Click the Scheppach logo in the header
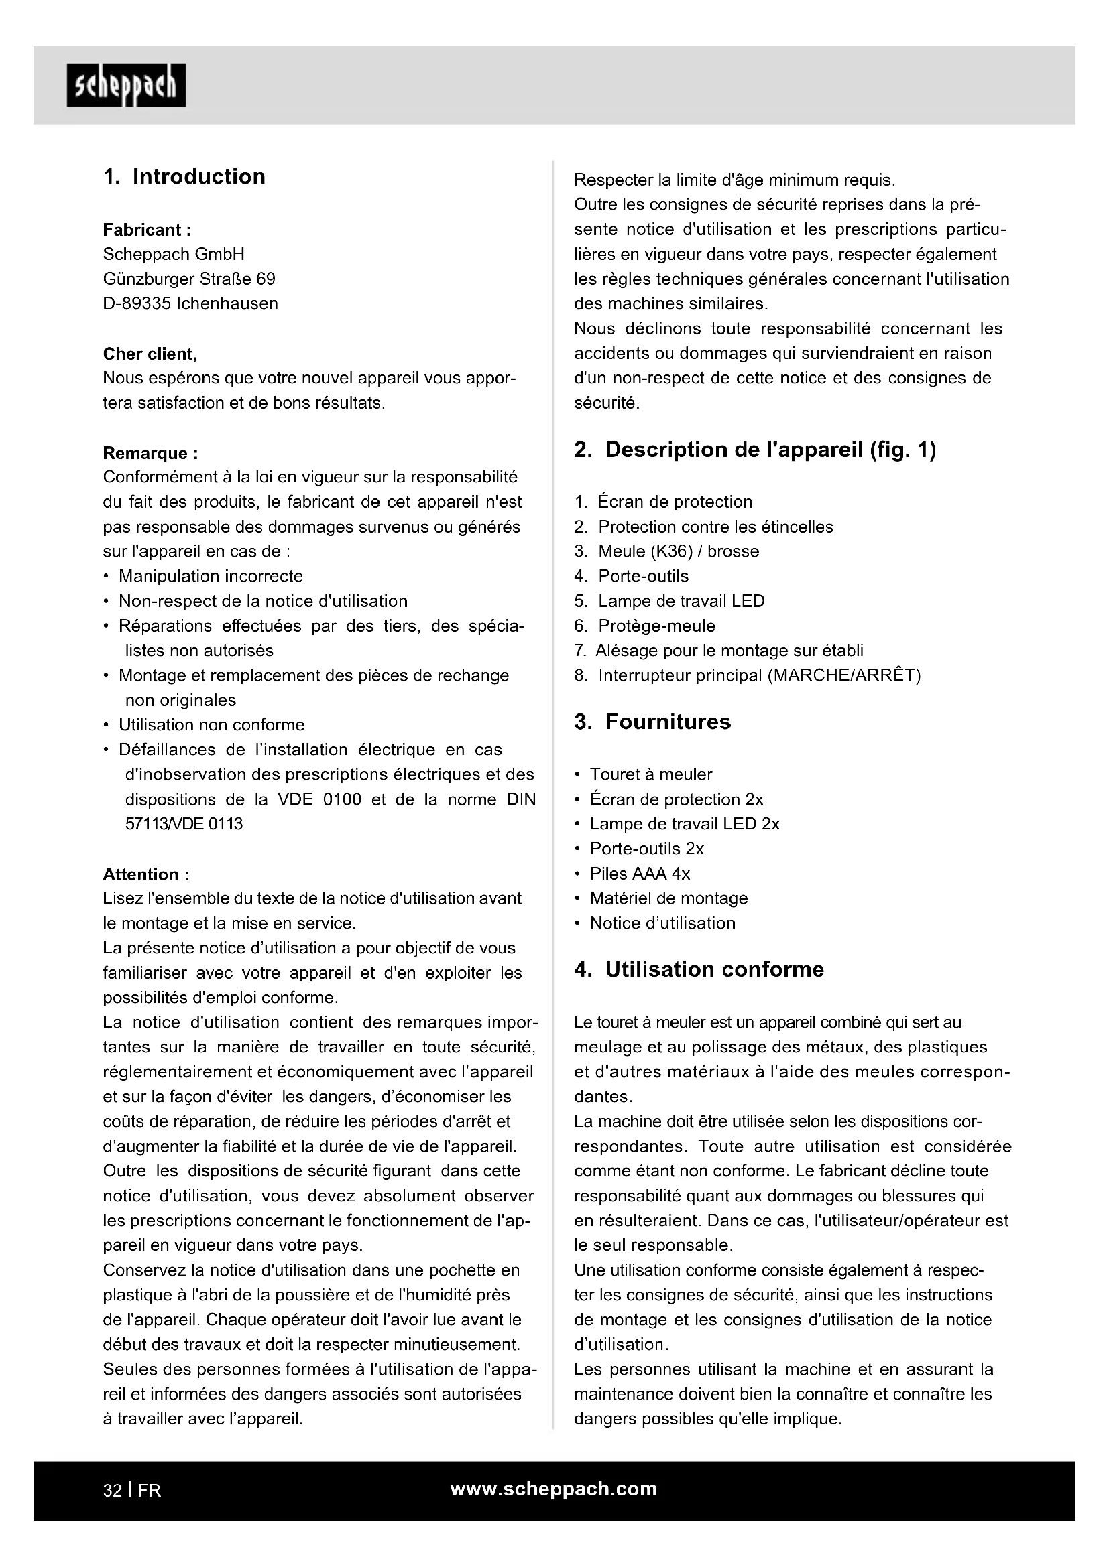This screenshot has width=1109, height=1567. tap(126, 86)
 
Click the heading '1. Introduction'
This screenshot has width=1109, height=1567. tap(184, 177)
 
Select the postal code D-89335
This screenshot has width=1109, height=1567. tap(137, 303)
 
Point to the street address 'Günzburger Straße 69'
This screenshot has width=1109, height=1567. tap(189, 279)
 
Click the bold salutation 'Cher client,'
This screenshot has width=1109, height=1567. tap(150, 354)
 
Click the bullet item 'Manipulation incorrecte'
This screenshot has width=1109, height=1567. tap(211, 576)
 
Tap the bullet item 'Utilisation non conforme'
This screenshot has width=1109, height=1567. tap(212, 725)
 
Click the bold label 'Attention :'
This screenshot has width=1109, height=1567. tap(146, 874)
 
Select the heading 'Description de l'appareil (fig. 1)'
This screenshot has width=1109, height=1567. tap(770, 450)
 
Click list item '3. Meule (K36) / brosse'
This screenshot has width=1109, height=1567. tap(666, 551)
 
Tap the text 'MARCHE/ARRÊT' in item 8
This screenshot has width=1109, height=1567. tap(844, 676)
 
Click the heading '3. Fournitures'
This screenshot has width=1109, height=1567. tap(652, 722)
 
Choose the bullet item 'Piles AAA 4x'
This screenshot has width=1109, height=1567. tap(640, 874)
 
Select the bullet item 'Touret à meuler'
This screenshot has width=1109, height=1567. tap(651, 774)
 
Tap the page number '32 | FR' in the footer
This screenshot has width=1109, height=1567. tap(132, 1491)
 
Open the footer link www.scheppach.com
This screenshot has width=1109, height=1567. tap(554, 1489)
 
